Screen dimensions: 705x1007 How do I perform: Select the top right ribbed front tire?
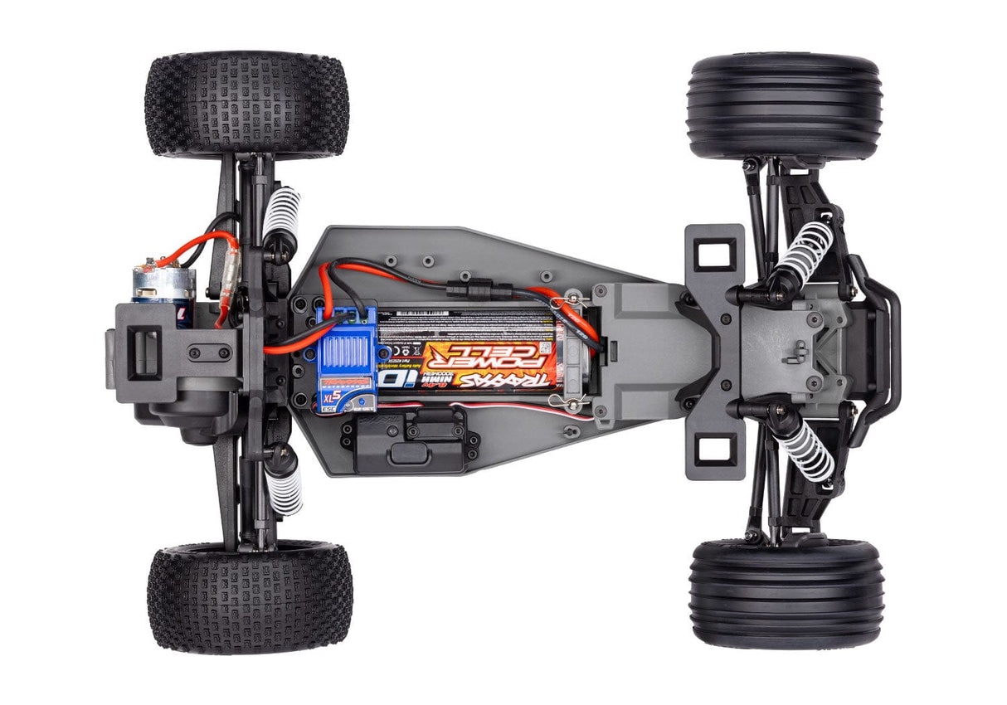click(x=784, y=106)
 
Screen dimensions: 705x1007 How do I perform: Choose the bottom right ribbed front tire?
click(x=786, y=592)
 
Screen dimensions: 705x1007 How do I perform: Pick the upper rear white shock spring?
click(x=282, y=211)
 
